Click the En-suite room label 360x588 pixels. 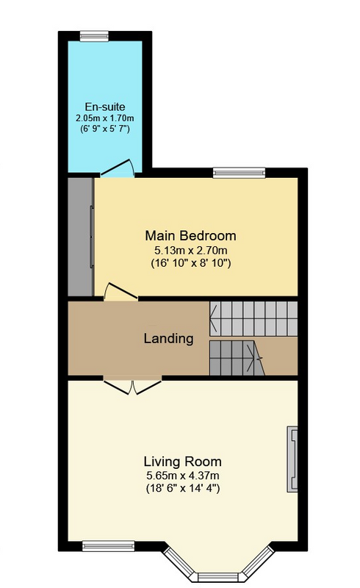pyautogui.click(x=104, y=107)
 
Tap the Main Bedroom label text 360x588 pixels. pyautogui.click(x=190, y=236)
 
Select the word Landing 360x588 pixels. pyautogui.click(x=168, y=339)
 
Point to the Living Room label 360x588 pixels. pyautogui.click(x=183, y=462)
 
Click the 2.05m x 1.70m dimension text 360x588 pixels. pyautogui.click(x=104, y=118)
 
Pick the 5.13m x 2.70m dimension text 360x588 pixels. pyautogui.click(x=190, y=250)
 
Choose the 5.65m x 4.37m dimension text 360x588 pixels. pyautogui.click(x=183, y=476)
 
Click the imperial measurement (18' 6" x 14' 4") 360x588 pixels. pyautogui.click(x=183, y=489)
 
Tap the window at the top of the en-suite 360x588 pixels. pyautogui.click(x=94, y=36)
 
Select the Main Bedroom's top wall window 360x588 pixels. pyautogui.click(x=239, y=173)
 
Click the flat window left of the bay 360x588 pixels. pyautogui.click(x=109, y=546)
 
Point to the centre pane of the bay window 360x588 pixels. pyautogui.click(x=218, y=576)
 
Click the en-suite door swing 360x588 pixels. pyautogui.click(x=118, y=168)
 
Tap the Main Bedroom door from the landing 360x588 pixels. pyautogui.click(x=120, y=291)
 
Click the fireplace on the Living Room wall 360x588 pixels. pyautogui.click(x=292, y=459)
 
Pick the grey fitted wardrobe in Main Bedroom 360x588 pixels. pyautogui.click(x=81, y=237)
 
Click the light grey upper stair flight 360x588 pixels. pyautogui.click(x=253, y=318)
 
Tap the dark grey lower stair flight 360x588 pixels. pyautogui.click(x=237, y=358)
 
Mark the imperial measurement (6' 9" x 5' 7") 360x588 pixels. pyautogui.click(x=104, y=129)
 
